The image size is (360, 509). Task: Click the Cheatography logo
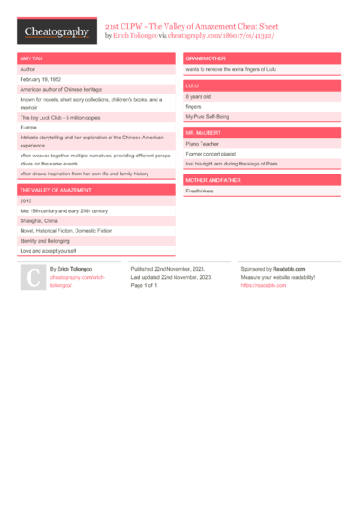[x=57, y=31]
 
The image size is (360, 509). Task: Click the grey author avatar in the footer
[x=31, y=278]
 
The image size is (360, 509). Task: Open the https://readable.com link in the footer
[x=256, y=285]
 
